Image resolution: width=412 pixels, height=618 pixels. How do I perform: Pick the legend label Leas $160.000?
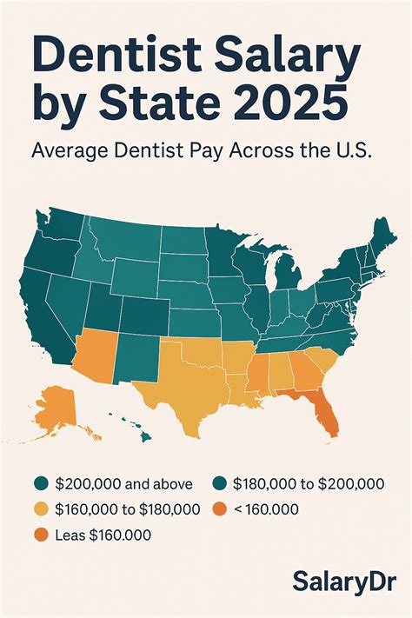[x=103, y=535]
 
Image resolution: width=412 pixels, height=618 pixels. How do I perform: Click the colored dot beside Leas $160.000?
[x=41, y=535]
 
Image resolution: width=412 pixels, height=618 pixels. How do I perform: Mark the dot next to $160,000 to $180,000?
[x=41, y=508]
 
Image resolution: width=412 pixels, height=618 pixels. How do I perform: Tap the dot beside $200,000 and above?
[x=41, y=483]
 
